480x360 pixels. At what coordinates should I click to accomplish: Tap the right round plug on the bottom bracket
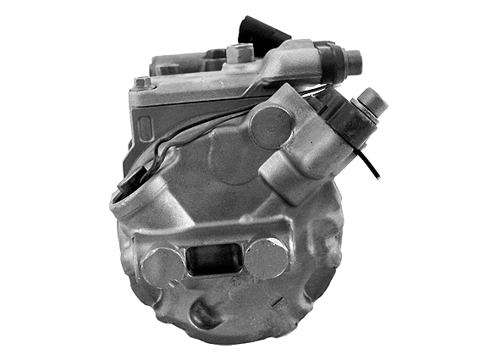[265, 258]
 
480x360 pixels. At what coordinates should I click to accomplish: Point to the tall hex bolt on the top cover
[240, 54]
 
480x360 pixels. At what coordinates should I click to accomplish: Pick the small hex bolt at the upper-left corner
[142, 83]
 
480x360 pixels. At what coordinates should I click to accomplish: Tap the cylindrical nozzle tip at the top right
[351, 62]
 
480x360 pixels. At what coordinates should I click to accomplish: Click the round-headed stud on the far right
[372, 102]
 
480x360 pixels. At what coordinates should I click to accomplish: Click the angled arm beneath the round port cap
[288, 174]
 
